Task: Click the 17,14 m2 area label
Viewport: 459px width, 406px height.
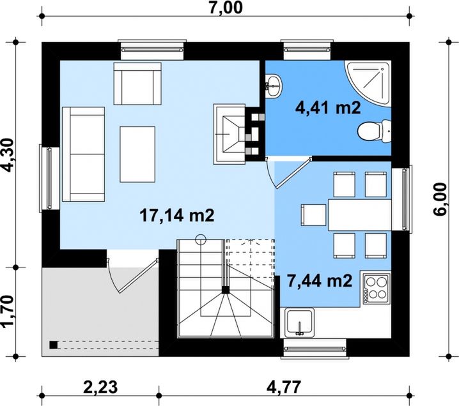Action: (x=177, y=216)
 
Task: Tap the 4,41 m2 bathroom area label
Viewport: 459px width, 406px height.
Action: (x=328, y=109)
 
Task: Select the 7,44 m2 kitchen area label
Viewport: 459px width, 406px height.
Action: (x=320, y=281)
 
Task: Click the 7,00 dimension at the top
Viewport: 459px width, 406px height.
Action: (x=226, y=8)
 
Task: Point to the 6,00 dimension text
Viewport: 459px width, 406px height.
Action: (x=440, y=199)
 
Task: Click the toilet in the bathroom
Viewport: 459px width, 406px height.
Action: (x=375, y=131)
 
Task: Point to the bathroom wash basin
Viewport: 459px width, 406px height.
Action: (x=274, y=85)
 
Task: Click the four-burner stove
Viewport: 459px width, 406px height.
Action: (x=377, y=289)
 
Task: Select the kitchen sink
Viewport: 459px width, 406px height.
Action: (x=299, y=323)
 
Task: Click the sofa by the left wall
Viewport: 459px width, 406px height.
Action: (x=84, y=154)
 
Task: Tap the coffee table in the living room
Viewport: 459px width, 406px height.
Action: (x=137, y=154)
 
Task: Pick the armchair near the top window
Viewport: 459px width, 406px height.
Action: (x=137, y=84)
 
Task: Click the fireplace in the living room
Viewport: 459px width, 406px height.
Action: (x=229, y=134)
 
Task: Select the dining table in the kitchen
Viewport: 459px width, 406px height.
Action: (x=359, y=215)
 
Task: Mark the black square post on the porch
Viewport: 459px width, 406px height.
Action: (x=54, y=345)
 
